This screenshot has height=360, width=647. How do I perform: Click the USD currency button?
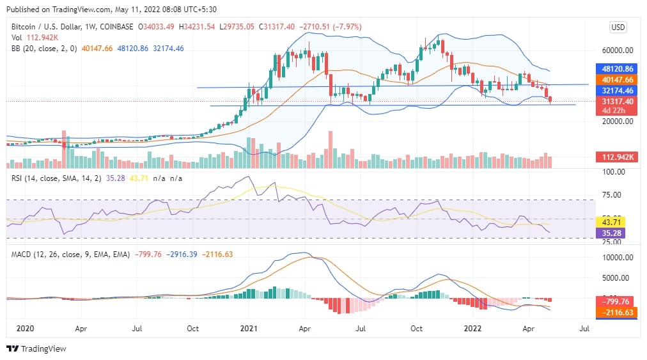[x=618, y=27]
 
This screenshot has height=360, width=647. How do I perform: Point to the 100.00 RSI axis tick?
[x=615, y=172]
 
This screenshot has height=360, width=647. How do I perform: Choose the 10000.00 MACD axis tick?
[x=617, y=257]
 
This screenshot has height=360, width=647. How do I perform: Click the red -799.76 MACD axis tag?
[x=617, y=301]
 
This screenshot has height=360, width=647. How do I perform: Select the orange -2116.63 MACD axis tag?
[x=617, y=312]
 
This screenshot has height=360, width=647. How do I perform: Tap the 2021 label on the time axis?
[x=249, y=328]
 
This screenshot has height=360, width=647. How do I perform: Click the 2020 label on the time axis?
[x=25, y=328]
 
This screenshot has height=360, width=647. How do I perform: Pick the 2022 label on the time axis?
[x=472, y=328]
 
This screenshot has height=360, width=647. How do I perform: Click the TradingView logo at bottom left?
[x=36, y=348]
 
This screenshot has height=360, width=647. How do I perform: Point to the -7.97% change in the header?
[x=343, y=27]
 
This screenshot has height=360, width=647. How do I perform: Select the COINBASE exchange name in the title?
[x=116, y=27]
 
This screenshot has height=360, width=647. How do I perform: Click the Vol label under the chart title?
[x=17, y=37]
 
